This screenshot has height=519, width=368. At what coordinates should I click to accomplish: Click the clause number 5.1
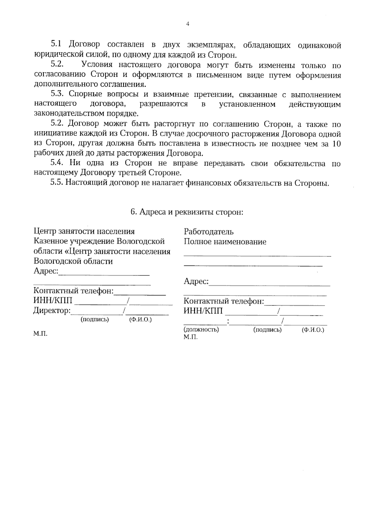click(x=56, y=44)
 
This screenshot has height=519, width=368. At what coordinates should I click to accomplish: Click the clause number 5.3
click(x=57, y=94)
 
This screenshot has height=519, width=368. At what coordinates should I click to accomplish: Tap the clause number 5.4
click(x=57, y=163)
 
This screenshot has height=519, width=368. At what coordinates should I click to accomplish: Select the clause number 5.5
click(x=57, y=183)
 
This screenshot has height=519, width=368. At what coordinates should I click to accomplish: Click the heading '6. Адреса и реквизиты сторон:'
click(x=187, y=212)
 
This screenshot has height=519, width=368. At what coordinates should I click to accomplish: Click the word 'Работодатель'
click(x=209, y=232)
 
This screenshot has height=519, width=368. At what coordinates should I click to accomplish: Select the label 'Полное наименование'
click(x=225, y=242)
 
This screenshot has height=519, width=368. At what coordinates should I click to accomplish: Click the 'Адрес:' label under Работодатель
click(x=196, y=281)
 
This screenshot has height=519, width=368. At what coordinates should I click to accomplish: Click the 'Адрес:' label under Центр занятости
click(x=46, y=271)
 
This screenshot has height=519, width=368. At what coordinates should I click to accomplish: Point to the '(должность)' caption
click(x=201, y=330)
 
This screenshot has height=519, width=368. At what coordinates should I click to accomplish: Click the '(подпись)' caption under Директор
click(x=94, y=320)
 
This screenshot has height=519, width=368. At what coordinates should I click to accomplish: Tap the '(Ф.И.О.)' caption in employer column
click(x=313, y=330)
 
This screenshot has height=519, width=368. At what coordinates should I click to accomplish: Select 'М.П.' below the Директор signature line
click(x=40, y=334)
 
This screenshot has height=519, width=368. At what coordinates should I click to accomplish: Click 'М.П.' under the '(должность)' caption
click(x=190, y=337)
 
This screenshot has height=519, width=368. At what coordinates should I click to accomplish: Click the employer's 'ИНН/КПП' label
click(x=203, y=311)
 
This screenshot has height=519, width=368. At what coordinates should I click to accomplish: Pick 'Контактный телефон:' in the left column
click(x=73, y=291)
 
